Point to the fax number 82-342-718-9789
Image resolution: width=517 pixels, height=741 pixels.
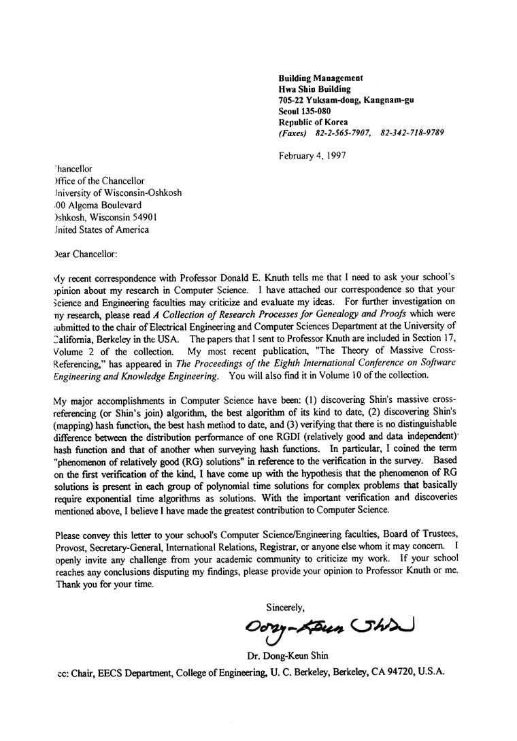412,132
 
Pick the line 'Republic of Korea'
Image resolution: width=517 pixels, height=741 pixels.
314,121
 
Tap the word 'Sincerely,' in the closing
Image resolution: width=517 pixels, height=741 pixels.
285,608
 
